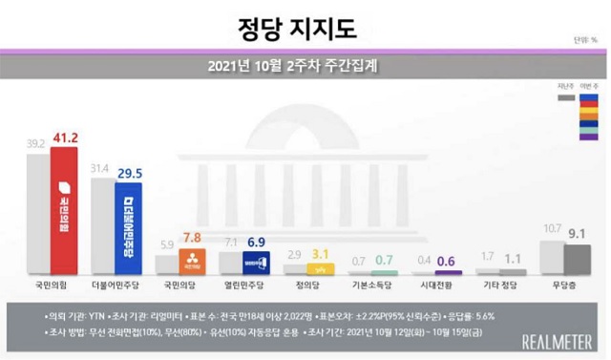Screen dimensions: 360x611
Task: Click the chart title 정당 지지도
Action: point(305,26)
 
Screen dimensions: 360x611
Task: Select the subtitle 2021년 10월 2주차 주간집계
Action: point(305,67)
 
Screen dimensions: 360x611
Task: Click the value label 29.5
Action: point(129,173)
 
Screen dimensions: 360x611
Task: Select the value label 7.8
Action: point(193,238)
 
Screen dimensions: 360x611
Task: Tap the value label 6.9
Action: point(257,243)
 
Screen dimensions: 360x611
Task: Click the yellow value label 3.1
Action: point(321,253)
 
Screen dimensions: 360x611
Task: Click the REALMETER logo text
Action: point(558,341)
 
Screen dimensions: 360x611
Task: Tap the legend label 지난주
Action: point(565,87)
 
